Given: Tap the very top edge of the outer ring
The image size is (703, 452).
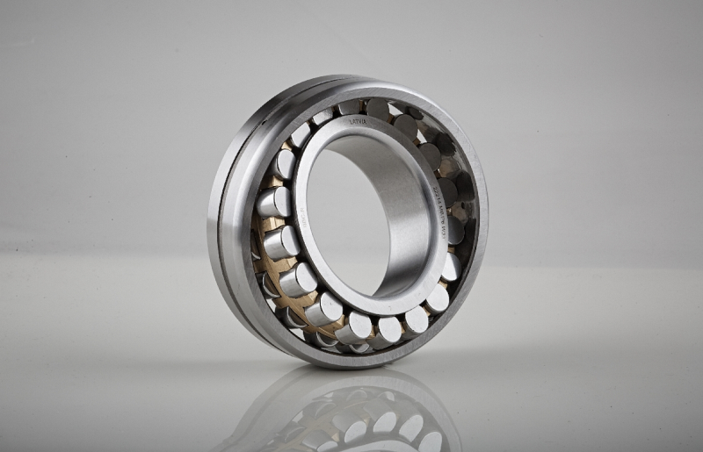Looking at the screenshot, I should (351, 80).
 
